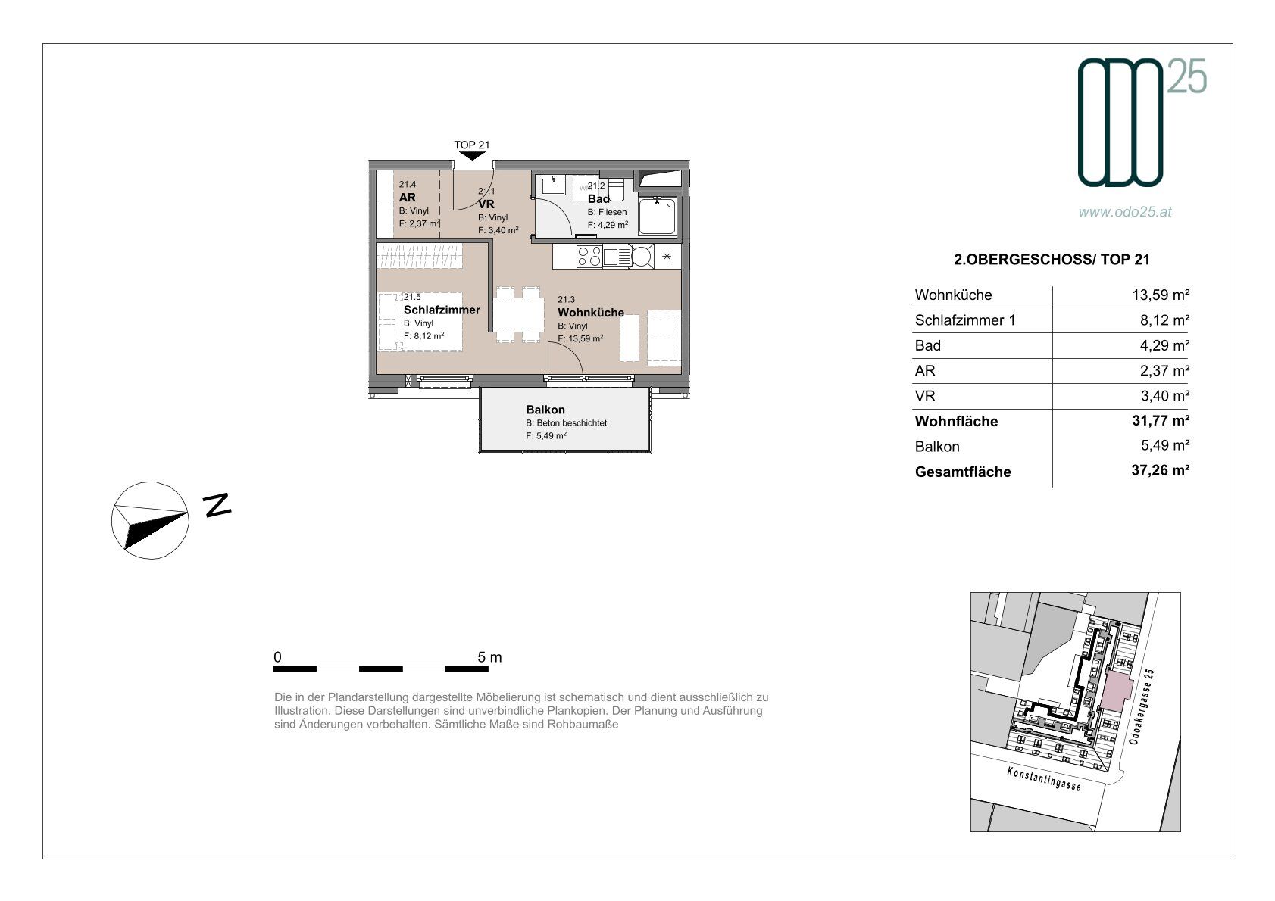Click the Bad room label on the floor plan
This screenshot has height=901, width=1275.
598,199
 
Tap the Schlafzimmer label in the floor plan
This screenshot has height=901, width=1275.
442,310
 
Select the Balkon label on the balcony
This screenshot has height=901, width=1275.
545,410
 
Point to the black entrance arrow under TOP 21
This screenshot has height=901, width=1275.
472,155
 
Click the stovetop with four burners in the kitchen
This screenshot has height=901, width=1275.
589,257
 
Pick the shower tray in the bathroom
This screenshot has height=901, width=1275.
657,216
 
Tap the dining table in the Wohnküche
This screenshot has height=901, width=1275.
518,314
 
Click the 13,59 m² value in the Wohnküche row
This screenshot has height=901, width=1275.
1161,295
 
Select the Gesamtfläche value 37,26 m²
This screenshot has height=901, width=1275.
1161,470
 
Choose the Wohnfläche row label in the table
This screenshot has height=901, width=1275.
956,422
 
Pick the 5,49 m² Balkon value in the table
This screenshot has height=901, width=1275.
1165,445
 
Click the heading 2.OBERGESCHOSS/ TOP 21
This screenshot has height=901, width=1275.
1052,260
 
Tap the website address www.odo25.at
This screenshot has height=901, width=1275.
1125,212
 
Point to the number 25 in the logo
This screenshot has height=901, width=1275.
1186,76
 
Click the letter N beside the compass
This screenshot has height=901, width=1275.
217,505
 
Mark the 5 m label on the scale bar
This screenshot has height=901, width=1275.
489,657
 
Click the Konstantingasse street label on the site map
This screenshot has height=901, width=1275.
1043,778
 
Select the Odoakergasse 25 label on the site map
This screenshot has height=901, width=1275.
1142,706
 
